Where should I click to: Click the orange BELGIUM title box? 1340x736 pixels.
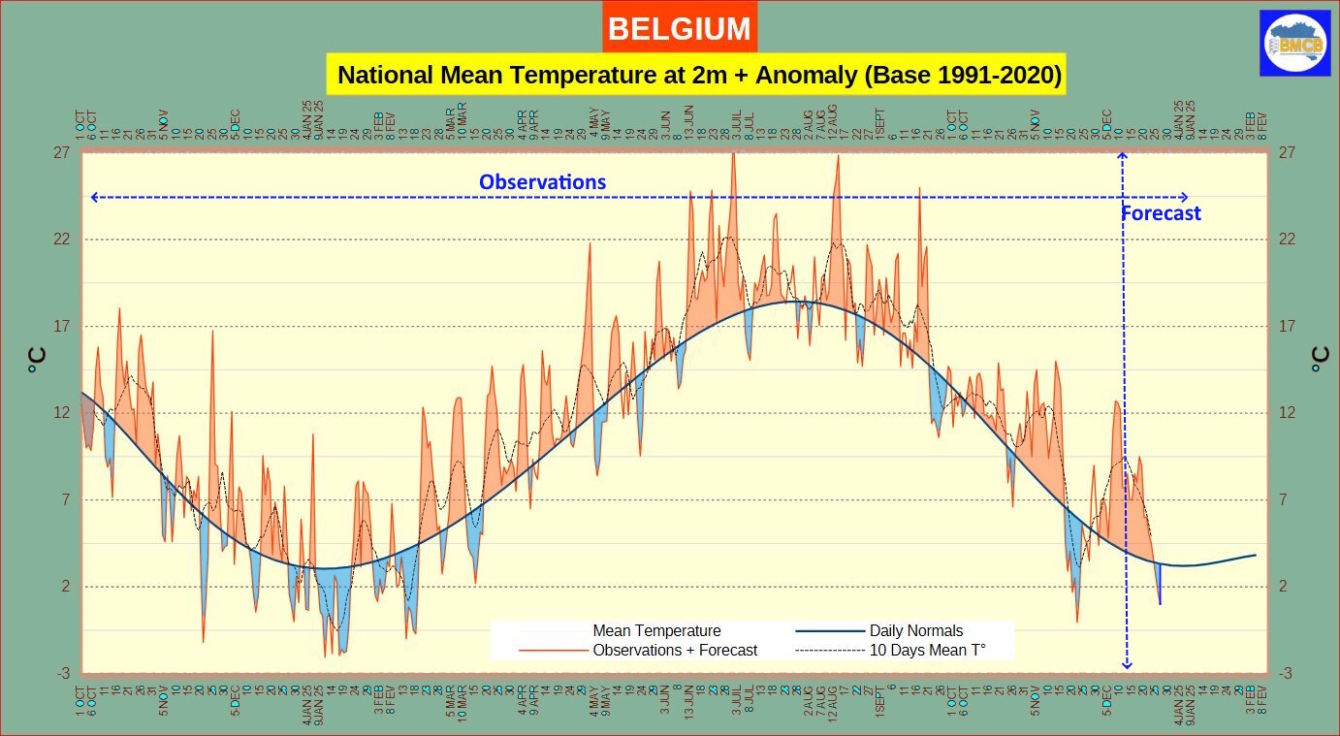pos(679,29)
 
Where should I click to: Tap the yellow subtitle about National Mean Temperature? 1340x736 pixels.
pos(696,75)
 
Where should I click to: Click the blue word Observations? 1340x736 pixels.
pos(542,181)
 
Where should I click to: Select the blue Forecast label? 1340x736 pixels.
pos(1161,213)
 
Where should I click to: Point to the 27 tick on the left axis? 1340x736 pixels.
pos(61,152)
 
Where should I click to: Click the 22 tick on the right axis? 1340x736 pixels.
pos(1288,240)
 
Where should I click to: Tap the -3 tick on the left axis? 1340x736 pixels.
pos(61,674)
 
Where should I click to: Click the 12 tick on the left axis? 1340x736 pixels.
pos(61,413)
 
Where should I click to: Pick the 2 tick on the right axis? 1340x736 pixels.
pos(1284,587)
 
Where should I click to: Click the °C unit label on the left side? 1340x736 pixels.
pos(35,361)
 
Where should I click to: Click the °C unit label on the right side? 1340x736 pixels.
pos(1319,361)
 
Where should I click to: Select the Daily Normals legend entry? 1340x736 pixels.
pos(915,631)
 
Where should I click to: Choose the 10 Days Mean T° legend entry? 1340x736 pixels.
pos(927,650)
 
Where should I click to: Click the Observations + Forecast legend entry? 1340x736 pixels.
pos(675,650)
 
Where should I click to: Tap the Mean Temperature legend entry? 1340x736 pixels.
pos(656,631)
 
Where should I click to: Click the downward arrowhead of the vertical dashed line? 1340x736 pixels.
pos(1127,664)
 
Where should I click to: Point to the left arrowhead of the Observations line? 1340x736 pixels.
pos(93,198)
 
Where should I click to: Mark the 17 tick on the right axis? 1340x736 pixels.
pos(1288,326)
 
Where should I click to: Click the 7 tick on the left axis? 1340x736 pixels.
pos(64,500)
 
